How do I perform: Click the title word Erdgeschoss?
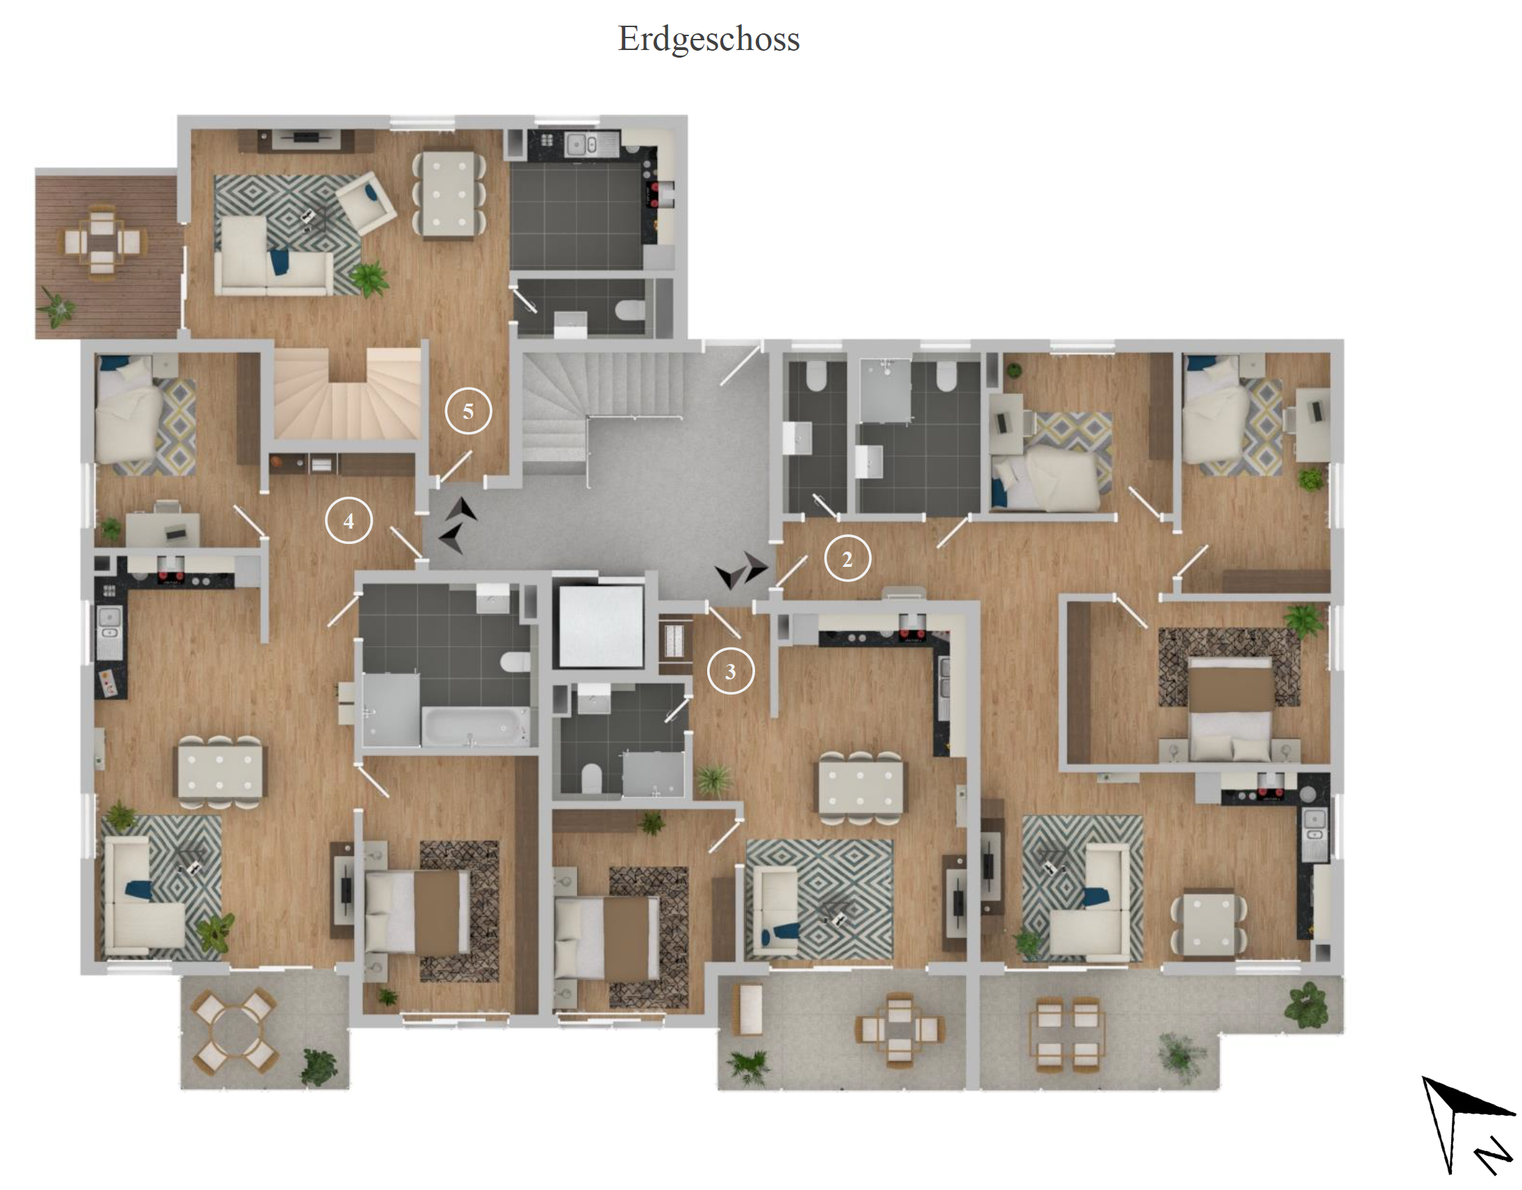[709, 39]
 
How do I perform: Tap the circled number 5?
[468, 411]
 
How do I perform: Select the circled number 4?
[349, 520]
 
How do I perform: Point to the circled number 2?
[847, 559]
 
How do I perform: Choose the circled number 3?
[730, 671]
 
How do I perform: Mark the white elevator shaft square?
[600, 626]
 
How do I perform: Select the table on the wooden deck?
[101, 242]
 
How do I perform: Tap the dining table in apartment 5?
[449, 194]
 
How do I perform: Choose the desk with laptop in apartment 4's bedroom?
[163, 529]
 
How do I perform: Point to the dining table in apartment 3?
[860, 787]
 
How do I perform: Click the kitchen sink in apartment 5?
[583, 144]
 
